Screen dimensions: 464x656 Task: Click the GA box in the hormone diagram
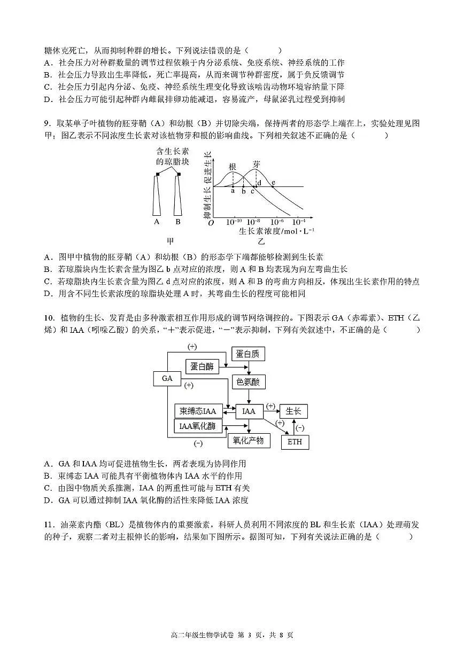point(167,378)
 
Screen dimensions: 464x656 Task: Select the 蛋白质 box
point(248,354)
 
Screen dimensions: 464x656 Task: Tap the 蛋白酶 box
point(202,366)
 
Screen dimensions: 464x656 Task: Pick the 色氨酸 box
point(248,382)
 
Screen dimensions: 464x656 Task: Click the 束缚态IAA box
point(197,411)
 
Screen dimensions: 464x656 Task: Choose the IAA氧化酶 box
point(197,426)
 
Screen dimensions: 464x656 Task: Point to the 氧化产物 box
point(249,440)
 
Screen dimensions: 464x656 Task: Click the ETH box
point(295,442)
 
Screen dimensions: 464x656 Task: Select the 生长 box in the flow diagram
point(293,411)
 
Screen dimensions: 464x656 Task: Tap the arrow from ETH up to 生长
point(293,426)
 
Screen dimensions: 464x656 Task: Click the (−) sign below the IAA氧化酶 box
point(198,443)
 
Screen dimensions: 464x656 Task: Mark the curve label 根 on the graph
point(233,166)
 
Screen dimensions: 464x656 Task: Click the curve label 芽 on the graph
point(257,164)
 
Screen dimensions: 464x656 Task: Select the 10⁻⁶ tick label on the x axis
point(277,222)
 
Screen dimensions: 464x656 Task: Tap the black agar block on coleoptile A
point(158,174)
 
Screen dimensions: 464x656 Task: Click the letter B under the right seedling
point(178,221)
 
